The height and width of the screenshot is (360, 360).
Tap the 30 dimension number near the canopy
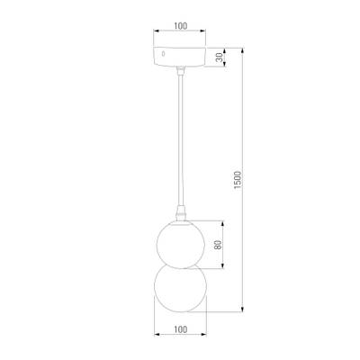220,56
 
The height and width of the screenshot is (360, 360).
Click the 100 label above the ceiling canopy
180,27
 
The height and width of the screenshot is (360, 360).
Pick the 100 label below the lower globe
180,329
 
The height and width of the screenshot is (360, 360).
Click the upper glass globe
180,243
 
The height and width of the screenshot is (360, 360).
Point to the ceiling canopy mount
180,56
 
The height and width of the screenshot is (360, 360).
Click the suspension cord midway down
180,144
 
